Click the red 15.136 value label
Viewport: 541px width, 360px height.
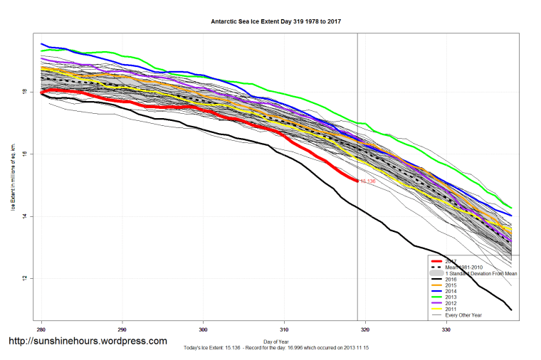(367, 181)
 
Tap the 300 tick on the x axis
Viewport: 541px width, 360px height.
(204, 329)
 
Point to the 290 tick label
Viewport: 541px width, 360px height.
(122, 329)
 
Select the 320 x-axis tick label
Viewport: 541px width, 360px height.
(365, 329)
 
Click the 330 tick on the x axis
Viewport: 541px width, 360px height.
(446, 329)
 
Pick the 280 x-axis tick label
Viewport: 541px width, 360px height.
(42, 329)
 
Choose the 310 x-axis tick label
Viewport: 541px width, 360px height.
(285, 329)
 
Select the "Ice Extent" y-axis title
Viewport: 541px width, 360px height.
(14, 178)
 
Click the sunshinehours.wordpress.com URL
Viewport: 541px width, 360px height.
(88, 342)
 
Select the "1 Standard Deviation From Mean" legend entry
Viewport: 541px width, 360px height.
(480, 273)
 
